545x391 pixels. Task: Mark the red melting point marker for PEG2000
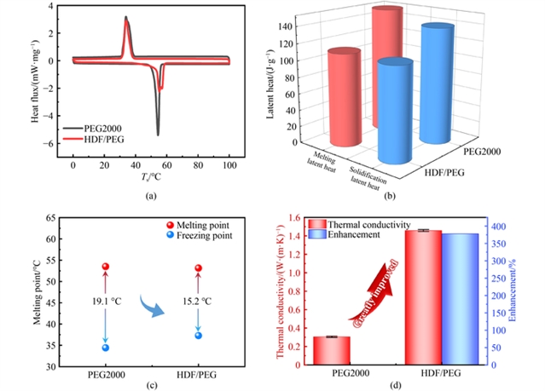pyautogui.click(x=106, y=267)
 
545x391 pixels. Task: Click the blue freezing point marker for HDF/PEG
pyautogui.click(x=199, y=335)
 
